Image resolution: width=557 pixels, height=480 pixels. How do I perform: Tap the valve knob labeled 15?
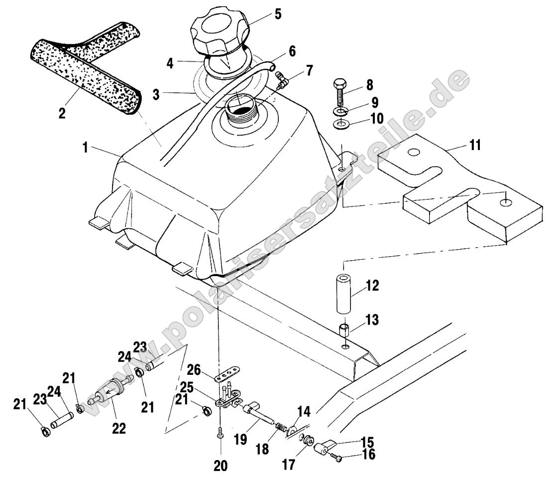[x=324, y=447]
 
